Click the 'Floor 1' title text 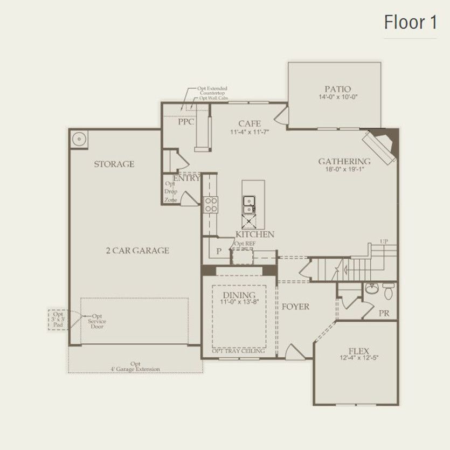(x=410, y=23)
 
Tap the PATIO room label (x=337, y=89)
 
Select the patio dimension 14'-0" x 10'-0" (x=338, y=98)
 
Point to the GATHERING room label (x=344, y=161)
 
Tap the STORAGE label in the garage (x=114, y=164)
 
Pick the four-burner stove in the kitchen (x=210, y=204)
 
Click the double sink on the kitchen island (x=249, y=204)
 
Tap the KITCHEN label (x=255, y=234)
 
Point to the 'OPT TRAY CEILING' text (x=238, y=351)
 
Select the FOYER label (x=295, y=307)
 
